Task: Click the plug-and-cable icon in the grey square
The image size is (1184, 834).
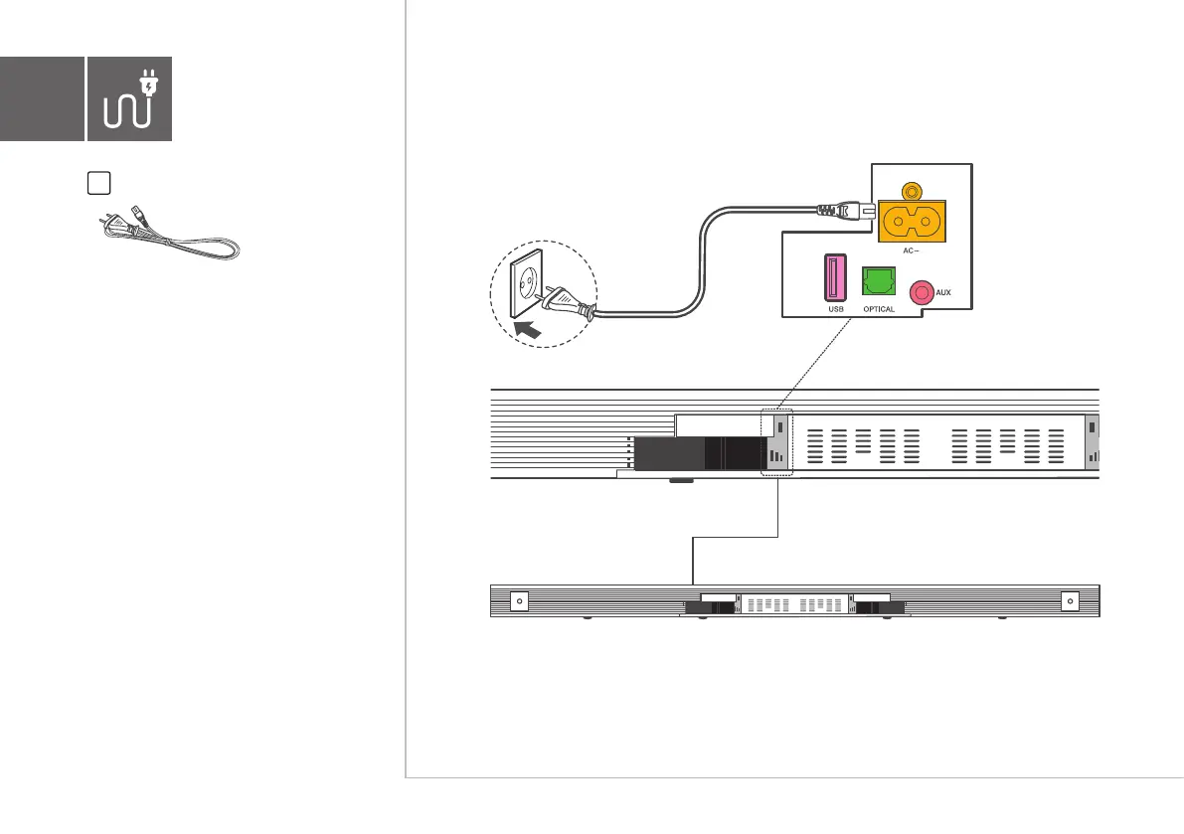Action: click(x=129, y=97)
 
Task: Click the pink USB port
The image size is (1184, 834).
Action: click(x=833, y=278)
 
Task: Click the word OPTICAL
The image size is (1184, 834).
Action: click(x=879, y=309)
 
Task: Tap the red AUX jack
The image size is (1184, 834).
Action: click(x=923, y=292)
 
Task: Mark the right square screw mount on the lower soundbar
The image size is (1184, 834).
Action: click(x=1070, y=601)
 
